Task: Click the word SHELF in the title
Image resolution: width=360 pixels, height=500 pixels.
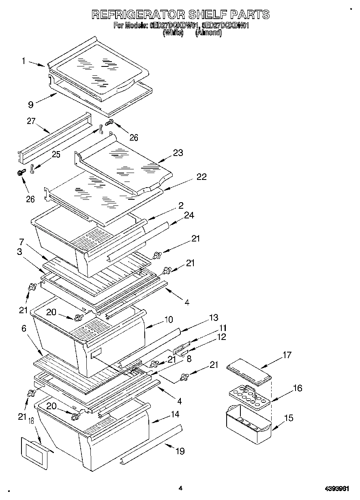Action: [205, 15]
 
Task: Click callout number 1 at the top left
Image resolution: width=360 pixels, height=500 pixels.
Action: [24, 61]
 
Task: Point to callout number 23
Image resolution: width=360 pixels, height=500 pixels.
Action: [178, 153]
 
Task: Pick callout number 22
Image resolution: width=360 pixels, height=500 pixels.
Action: [201, 177]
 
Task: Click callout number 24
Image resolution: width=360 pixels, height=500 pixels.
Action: [189, 216]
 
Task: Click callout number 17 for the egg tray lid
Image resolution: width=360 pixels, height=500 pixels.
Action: [287, 355]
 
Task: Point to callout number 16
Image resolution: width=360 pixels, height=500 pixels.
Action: [297, 388]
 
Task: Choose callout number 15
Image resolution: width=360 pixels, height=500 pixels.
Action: [288, 418]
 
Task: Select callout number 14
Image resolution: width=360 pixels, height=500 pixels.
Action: [175, 415]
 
